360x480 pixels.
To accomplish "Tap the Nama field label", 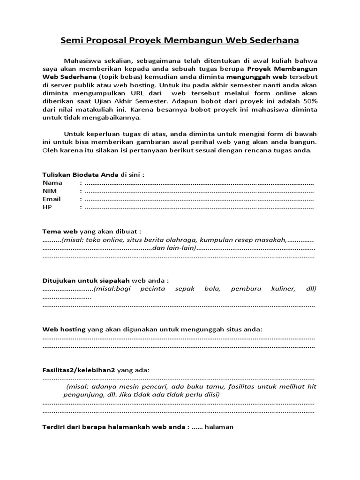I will tap(52, 182).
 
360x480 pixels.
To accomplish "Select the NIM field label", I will tap(49, 191).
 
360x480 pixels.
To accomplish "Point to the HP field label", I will tap(47, 207).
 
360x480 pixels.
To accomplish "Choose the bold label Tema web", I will tap(60, 231).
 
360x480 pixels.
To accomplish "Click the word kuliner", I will tap(283, 289).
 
